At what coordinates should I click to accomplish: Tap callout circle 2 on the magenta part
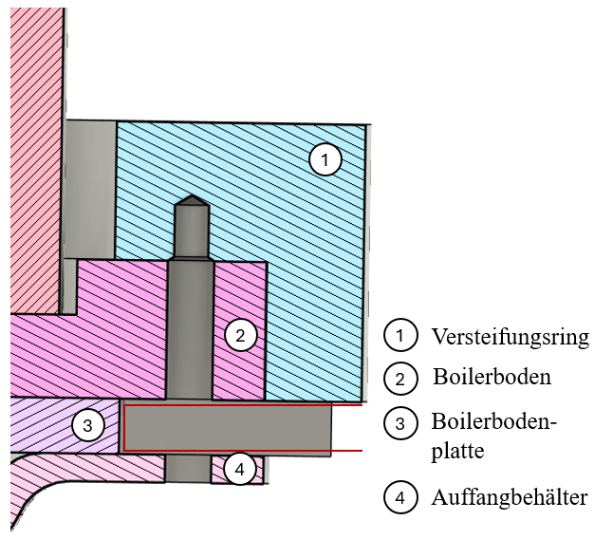240,335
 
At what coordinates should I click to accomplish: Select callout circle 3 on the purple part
87,426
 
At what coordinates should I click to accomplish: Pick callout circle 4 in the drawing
240,469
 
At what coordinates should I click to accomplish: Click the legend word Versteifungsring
510,337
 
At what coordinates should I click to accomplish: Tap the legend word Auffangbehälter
510,497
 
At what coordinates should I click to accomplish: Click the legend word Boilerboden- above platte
492,420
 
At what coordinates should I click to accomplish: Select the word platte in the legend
457,451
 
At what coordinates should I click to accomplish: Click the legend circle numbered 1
400,336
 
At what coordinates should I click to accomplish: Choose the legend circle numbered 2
400,378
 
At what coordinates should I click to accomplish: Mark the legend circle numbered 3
400,421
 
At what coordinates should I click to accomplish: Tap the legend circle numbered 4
400,497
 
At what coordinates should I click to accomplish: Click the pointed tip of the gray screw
191,200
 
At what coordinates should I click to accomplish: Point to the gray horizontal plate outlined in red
228,428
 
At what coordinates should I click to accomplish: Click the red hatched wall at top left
33,142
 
